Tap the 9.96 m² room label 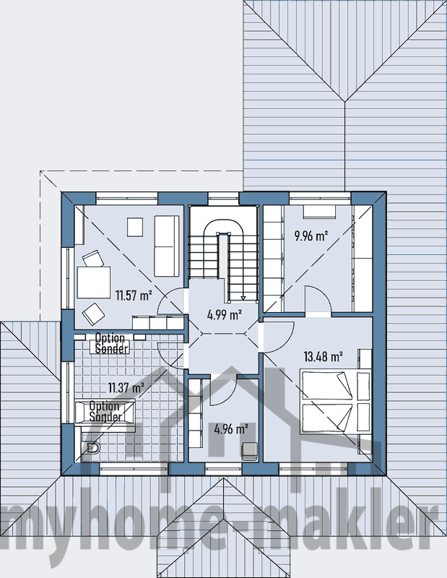click(311, 236)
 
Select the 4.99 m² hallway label click(225, 315)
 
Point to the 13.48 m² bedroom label click(324, 356)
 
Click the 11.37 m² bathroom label click(126, 388)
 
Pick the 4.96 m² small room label click(230, 429)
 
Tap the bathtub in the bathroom click(105, 413)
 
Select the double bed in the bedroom click(335, 402)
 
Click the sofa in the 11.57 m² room click(167, 246)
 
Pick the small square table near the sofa click(135, 227)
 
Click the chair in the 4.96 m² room click(249, 451)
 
